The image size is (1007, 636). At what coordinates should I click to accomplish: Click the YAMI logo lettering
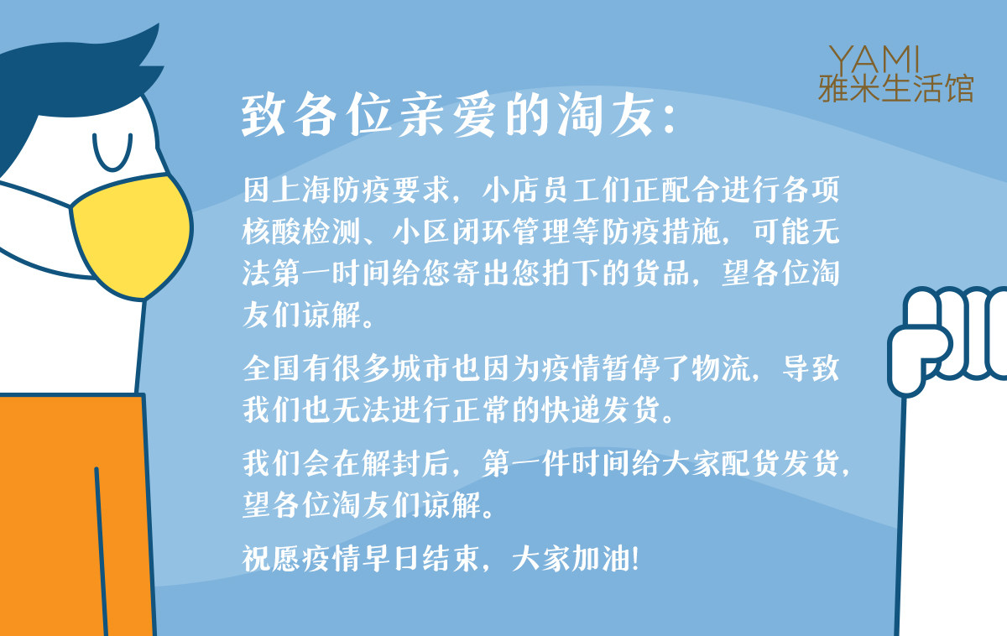pyautogui.click(x=874, y=59)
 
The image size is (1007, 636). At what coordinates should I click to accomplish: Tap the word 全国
pyautogui.click(x=271, y=368)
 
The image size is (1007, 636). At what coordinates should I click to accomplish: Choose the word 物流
pyautogui.click(x=721, y=368)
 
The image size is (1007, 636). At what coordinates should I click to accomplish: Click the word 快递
pyautogui.click(x=571, y=409)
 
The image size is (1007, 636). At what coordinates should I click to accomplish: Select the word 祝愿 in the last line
pyautogui.click(x=271, y=558)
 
